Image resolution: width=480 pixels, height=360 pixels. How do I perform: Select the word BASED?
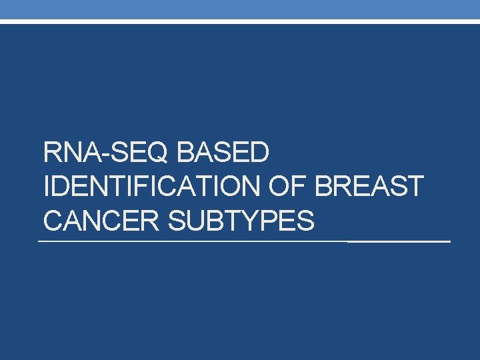click(x=224, y=154)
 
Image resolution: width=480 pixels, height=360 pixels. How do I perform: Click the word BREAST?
click(x=369, y=187)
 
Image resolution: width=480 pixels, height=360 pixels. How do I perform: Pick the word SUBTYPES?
click(x=241, y=221)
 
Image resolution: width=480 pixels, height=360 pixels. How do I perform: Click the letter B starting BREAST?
click(x=324, y=187)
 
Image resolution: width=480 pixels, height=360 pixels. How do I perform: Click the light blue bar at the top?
click(x=240, y=9)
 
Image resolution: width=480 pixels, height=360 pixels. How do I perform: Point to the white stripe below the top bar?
click(x=240, y=21)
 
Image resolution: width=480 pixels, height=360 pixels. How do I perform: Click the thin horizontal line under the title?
click(x=193, y=241)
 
